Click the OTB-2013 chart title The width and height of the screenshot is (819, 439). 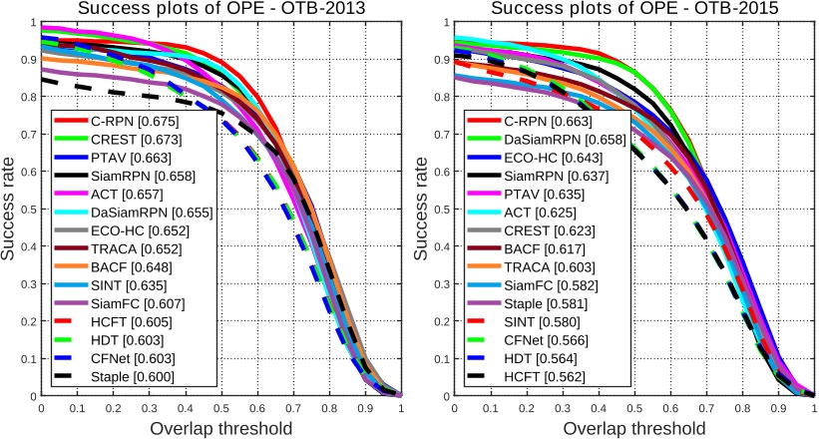[x=220, y=10]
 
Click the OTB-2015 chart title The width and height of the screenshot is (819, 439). [x=633, y=10]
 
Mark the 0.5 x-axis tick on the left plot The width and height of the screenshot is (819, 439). [x=220, y=408]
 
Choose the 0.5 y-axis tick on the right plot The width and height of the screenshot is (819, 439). [x=441, y=210]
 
